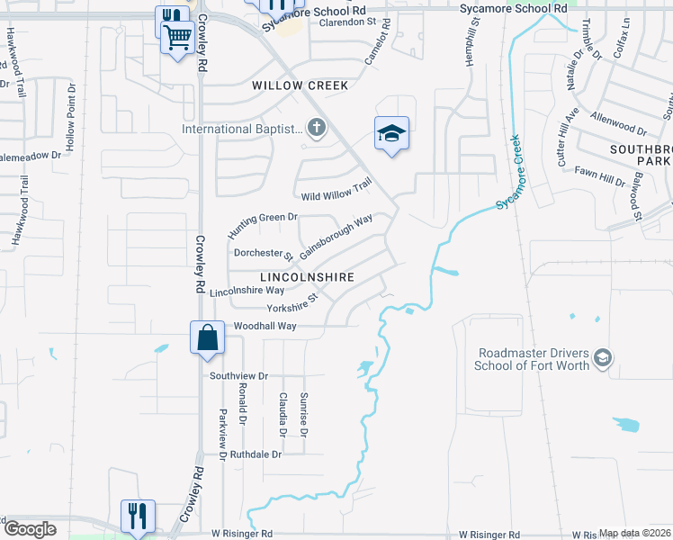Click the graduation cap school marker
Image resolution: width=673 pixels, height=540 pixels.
[x=391, y=134]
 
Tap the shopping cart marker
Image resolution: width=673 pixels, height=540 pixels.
[x=178, y=39]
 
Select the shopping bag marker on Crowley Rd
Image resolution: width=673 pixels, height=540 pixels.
[x=207, y=338]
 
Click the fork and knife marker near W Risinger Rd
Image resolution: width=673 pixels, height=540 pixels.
[x=138, y=517]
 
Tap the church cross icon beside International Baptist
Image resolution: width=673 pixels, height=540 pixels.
[x=315, y=129]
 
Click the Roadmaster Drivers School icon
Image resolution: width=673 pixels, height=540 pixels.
[x=603, y=359]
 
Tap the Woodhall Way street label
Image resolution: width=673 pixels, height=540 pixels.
[x=265, y=326]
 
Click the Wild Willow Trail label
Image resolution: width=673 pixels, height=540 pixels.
[x=336, y=191]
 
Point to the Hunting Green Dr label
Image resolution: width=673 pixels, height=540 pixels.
[x=262, y=224]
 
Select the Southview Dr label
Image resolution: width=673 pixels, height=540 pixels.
[x=238, y=375]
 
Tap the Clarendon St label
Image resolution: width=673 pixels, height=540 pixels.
[x=346, y=22]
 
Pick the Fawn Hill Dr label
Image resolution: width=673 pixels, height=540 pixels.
[x=600, y=175]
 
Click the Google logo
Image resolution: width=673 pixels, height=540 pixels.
[x=30, y=529]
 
